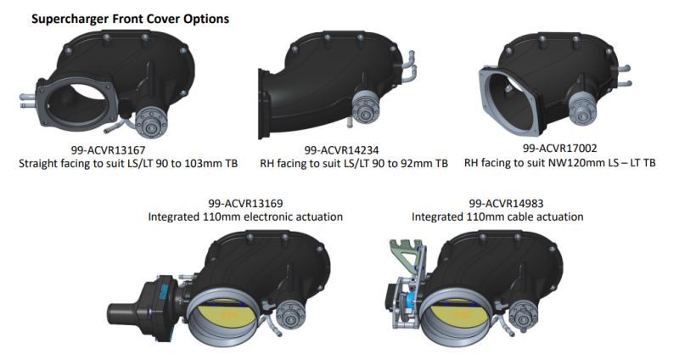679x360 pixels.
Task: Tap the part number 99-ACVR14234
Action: pyautogui.click(x=353, y=149)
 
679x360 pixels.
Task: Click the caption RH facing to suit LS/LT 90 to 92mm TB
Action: pyautogui.click(x=353, y=163)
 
